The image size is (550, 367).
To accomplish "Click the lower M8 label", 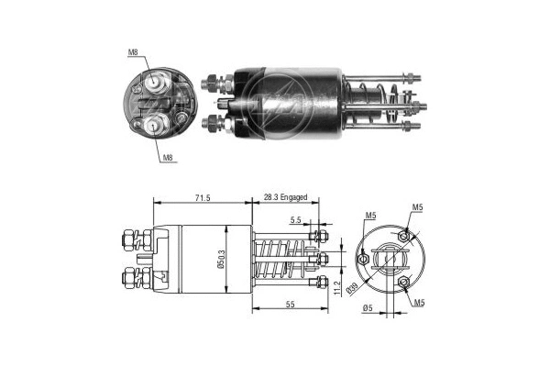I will pos(168,159).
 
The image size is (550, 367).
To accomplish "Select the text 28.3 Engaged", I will pos(285,198).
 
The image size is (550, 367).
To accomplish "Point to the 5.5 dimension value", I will pos(295,221).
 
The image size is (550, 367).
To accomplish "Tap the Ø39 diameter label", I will pos(351,290).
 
